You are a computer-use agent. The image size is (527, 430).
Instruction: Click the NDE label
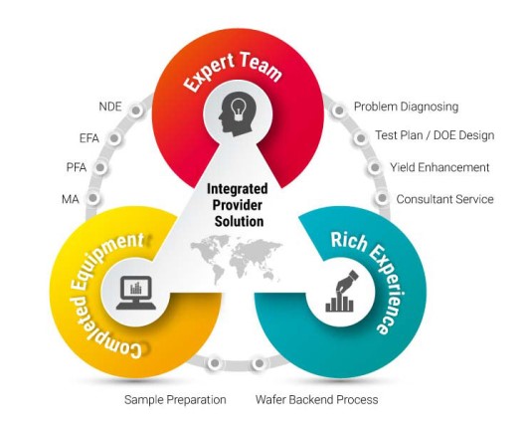pyautogui.click(x=110, y=107)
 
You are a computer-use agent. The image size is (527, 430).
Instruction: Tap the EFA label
pyautogui.click(x=89, y=138)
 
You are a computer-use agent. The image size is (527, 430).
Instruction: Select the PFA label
pyautogui.click(x=77, y=167)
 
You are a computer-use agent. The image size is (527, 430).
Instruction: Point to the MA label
pyautogui.click(x=71, y=199)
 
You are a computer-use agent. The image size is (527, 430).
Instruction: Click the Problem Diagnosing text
pyautogui.click(x=406, y=107)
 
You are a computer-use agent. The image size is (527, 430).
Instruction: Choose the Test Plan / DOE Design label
pyautogui.click(x=435, y=135)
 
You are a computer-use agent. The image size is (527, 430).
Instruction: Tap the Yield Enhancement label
pyautogui.click(x=439, y=167)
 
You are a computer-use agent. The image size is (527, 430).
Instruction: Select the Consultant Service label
pyautogui.click(x=445, y=199)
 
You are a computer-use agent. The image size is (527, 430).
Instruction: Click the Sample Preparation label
pyautogui.click(x=175, y=400)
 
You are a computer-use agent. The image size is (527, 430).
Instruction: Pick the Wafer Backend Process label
pyautogui.click(x=316, y=400)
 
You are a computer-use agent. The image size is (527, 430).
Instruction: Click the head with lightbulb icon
pyautogui.click(x=238, y=114)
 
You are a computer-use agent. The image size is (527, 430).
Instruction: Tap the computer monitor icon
pyautogui.click(x=136, y=293)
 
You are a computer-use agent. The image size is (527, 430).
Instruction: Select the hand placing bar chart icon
pyautogui.click(x=341, y=292)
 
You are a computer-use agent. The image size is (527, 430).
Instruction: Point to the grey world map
pyautogui.click(x=236, y=260)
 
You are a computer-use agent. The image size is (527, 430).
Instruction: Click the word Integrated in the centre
pyautogui.click(x=238, y=190)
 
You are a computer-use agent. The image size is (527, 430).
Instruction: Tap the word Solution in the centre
pyautogui.click(x=239, y=221)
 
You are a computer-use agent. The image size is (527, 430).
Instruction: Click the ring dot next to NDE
pyautogui.click(x=136, y=110)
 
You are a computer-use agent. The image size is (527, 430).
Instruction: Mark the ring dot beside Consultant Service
pyautogui.click(x=382, y=198)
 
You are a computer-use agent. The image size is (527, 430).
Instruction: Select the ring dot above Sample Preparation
pyautogui.click(x=215, y=363)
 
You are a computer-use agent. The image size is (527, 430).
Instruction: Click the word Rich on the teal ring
pyautogui.click(x=349, y=240)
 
